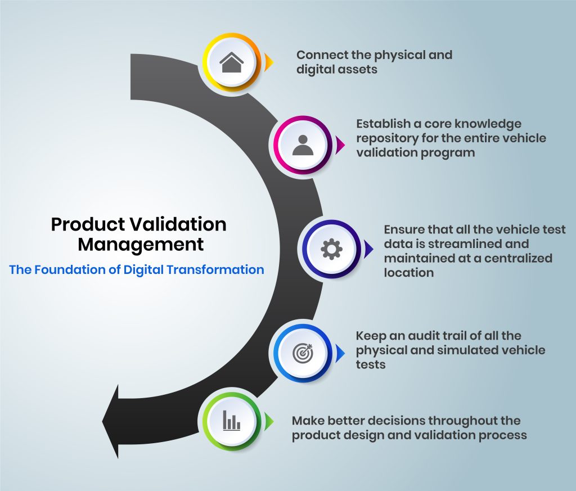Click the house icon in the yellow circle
tap(231, 62)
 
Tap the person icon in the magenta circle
tap(303, 145)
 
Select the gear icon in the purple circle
tap(331, 249)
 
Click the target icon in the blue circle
tap(303, 353)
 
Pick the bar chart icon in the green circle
tap(231, 421)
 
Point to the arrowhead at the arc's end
tap(110, 422)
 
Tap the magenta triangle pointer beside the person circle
tap(340, 145)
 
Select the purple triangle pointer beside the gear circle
tap(368, 249)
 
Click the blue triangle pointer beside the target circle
tap(340, 353)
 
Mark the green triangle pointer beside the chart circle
tap(269, 421)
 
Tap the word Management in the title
tap(141, 245)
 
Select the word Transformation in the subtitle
tap(215, 269)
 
